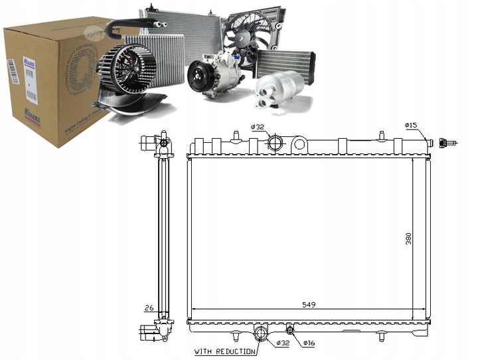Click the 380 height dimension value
[408, 237]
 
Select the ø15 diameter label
[411, 125]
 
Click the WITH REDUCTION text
[224, 351]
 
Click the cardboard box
[46, 80]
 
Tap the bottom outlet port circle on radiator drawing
[262, 333]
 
